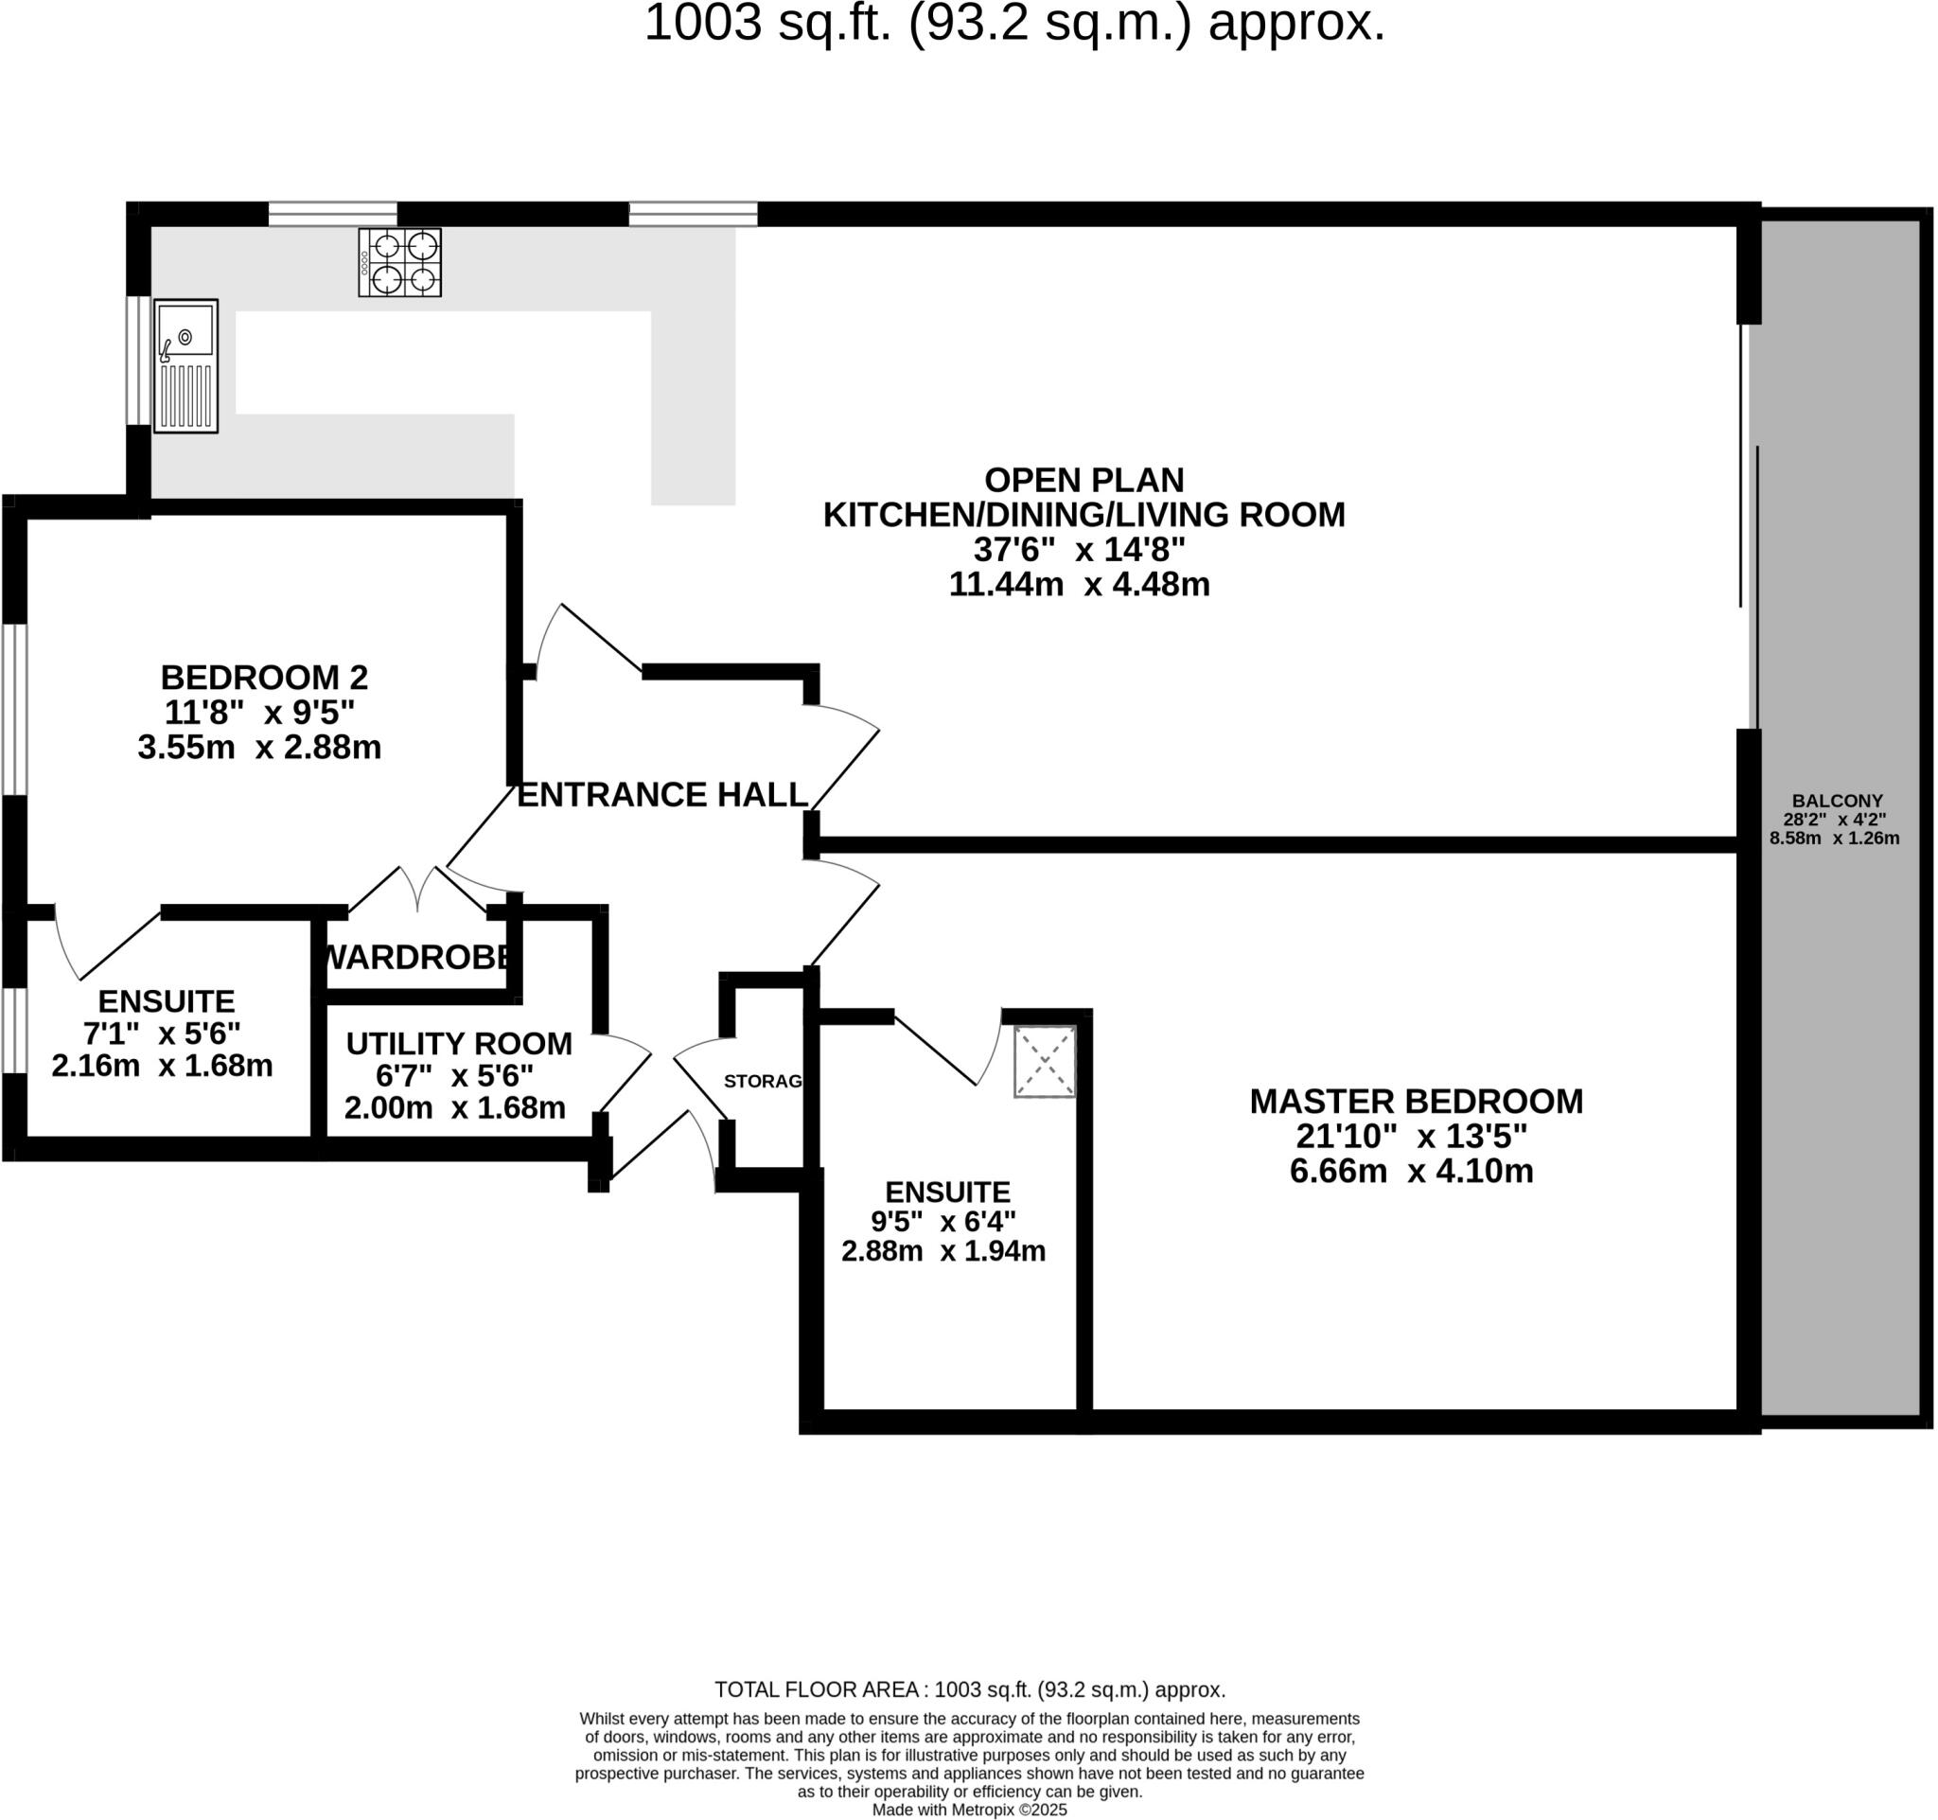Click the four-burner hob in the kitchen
[399, 262]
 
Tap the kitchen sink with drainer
[185, 365]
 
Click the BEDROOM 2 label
[264, 678]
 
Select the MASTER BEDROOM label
[1416, 1102]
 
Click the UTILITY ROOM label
[458, 1044]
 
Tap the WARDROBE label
[416, 957]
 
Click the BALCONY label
[1837, 802]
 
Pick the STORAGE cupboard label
[763, 1081]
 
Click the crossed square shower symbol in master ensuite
[1045, 1062]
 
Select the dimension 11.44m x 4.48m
[1079, 585]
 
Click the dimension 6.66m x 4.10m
[1411, 1171]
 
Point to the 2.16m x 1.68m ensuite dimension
[162, 1067]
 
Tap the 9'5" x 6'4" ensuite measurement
[943, 1222]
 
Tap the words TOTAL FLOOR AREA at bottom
[819, 1690]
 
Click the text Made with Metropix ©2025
[969, 1811]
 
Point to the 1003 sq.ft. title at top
[1013, 24]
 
